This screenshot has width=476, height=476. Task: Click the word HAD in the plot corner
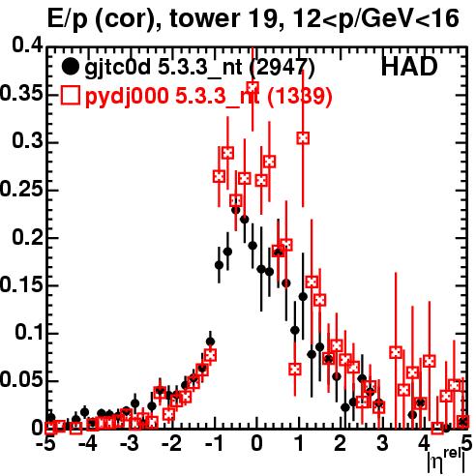pos(409,67)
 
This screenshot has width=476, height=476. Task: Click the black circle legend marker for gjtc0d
pos(70,67)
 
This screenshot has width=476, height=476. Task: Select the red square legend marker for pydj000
pos(70,96)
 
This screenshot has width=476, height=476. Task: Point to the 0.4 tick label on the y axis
pos(27,45)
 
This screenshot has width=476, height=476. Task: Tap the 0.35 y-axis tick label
pos(21,94)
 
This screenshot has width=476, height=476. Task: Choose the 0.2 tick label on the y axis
pos(27,237)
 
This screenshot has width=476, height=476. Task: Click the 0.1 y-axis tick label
pos(29,332)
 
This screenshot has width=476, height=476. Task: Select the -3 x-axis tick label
pos(130,443)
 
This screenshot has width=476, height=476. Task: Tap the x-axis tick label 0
pos(256,443)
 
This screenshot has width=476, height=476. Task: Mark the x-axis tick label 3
pos(382,443)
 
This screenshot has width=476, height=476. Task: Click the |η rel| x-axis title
pos(447,461)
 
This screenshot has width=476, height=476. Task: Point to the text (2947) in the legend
pos(283,68)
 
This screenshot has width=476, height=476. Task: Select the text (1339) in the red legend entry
pos(300,96)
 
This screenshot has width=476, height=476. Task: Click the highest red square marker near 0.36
pos(253,87)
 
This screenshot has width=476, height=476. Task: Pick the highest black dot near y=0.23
pos(236,210)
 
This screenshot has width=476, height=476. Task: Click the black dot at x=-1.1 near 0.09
pos(210,342)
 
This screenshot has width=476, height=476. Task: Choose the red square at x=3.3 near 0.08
pos(396,352)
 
